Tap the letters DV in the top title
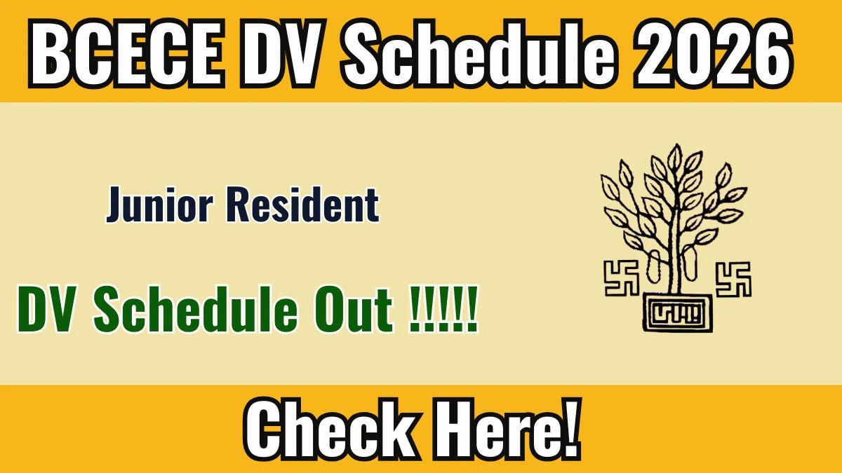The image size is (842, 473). tap(282, 53)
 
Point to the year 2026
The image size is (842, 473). tap(713, 53)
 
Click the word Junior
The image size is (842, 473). tap(160, 205)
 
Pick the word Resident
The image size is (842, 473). tap(303, 205)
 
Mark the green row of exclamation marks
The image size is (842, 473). tap(443, 309)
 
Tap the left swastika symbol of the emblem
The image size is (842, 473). tap(622, 278)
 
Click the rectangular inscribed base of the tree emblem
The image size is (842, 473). tap(677, 313)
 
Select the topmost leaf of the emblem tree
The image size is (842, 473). tap(676, 156)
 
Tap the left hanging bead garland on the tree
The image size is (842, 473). tap(655, 266)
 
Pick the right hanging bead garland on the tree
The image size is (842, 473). tap(690, 263)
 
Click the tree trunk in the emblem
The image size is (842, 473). tap(676, 248)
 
